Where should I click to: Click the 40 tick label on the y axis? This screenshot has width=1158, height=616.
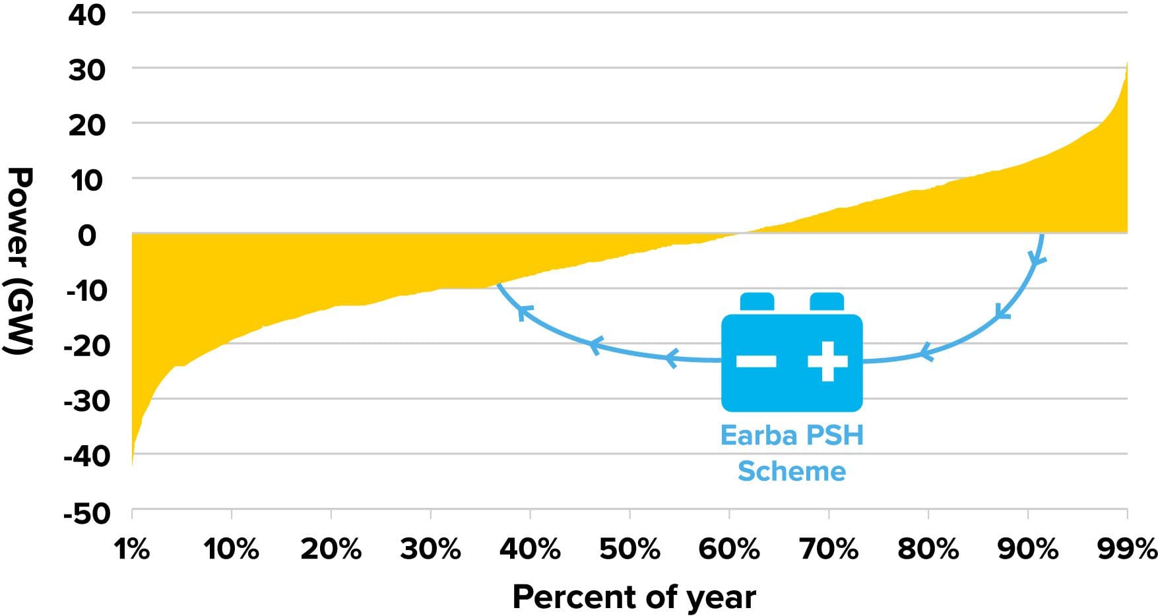86,15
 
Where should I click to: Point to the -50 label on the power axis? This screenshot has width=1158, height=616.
86,513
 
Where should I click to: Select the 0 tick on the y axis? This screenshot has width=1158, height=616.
87,235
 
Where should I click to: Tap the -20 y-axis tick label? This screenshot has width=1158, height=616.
86,345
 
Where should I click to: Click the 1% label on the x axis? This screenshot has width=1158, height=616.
132,549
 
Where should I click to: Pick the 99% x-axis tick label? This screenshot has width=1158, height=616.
1127,549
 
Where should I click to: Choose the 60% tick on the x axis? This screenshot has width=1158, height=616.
728,549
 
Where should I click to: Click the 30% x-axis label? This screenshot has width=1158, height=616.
430,549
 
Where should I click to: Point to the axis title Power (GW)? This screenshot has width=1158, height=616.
20,260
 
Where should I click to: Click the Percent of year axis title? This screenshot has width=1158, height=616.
633,597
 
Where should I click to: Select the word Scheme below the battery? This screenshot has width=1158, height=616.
791,471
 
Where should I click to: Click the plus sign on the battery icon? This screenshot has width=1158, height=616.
827,361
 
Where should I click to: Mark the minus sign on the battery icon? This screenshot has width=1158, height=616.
756,361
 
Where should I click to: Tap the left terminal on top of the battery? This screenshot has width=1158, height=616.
757,302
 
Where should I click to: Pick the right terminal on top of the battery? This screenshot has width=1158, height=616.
827,302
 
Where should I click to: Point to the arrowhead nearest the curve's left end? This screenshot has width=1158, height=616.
523,311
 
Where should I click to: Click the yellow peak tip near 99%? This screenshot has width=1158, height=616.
1126,64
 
